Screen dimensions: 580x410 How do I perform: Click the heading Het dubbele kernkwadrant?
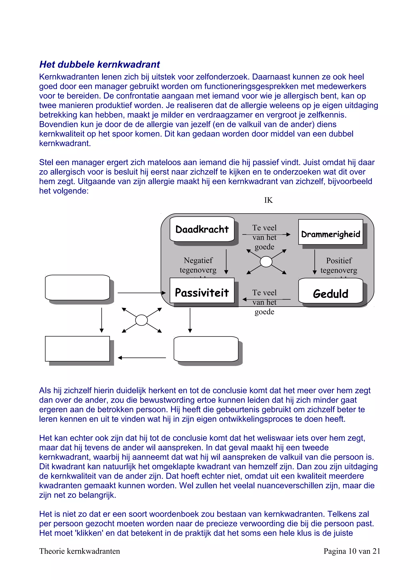(x=99, y=64)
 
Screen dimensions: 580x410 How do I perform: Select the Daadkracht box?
(x=202, y=229)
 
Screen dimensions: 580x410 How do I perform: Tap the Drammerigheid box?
(x=331, y=232)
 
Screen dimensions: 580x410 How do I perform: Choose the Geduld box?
(x=331, y=291)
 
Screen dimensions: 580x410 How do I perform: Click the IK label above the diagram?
(x=268, y=200)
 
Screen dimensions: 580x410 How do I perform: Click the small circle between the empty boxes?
(x=142, y=320)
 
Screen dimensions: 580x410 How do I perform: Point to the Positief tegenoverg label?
(x=339, y=265)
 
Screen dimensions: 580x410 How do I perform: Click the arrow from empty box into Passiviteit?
(x=142, y=293)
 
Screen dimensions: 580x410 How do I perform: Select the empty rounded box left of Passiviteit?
(x=77, y=287)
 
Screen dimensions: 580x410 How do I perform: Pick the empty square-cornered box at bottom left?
(x=77, y=349)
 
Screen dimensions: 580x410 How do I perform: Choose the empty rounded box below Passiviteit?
(x=206, y=349)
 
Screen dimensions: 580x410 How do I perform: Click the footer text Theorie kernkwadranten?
(x=79, y=551)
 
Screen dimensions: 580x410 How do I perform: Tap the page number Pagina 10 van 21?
(x=352, y=551)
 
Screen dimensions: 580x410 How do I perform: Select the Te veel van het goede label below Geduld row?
(x=264, y=302)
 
